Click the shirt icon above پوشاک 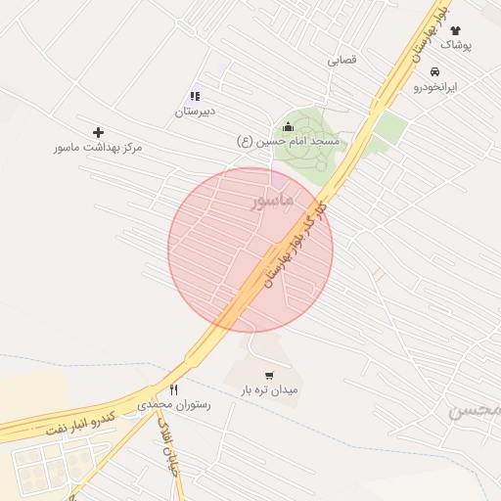(454, 30)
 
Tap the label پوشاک (455, 45)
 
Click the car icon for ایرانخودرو (434, 71)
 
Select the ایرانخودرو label (434, 86)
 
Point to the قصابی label (342, 60)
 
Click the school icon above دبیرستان (195, 97)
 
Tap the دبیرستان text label (195, 112)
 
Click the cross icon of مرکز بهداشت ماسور (98, 132)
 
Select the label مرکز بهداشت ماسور (98, 147)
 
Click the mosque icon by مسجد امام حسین (288, 126)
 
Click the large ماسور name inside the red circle (272, 201)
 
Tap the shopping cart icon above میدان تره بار (269, 375)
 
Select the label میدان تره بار (269, 389)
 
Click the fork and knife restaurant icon (173, 388)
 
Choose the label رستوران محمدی (173, 403)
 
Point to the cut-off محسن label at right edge (477, 411)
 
